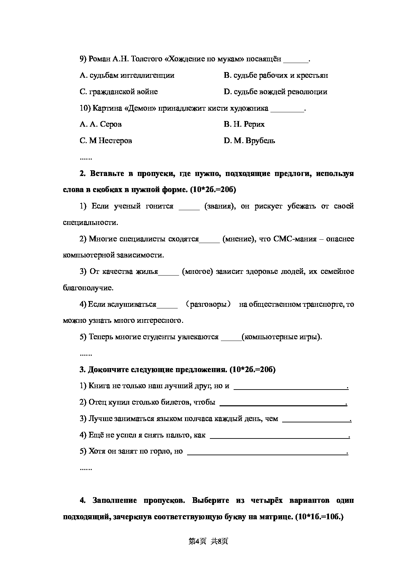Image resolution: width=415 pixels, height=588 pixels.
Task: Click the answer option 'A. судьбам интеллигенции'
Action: click(127, 75)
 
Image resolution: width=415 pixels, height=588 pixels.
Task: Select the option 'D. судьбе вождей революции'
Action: click(275, 92)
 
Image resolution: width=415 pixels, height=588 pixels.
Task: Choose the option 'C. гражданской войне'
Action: click(118, 92)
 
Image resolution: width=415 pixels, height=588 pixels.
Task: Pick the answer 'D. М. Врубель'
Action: click(249, 141)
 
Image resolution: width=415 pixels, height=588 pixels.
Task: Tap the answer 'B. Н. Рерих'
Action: click(244, 124)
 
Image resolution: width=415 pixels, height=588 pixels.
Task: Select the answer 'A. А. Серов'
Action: click(100, 124)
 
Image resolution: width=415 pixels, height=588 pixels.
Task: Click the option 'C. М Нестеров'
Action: click(106, 141)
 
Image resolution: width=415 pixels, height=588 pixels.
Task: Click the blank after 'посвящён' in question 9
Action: click(296, 60)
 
